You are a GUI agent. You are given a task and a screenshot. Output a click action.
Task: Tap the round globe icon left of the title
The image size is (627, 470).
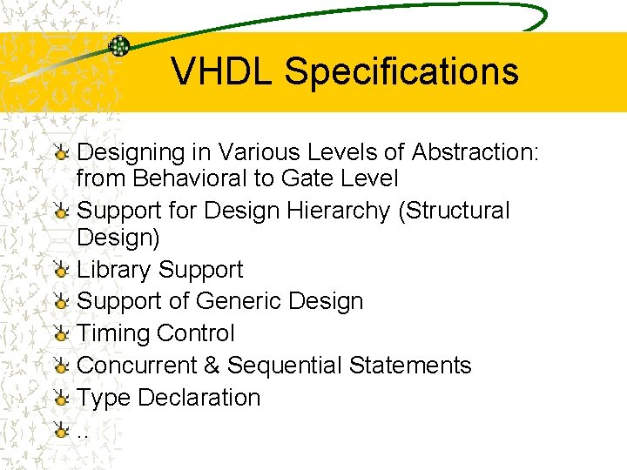[x=119, y=46]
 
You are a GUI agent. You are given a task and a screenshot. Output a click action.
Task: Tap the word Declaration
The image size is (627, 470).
[x=199, y=398]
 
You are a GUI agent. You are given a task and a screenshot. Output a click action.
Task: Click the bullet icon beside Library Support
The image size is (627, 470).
[x=61, y=271]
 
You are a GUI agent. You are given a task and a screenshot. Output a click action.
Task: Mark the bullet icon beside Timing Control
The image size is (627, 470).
[x=61, y=334]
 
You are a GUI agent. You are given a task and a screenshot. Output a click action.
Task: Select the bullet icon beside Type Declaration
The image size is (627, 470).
[x=61, y=399]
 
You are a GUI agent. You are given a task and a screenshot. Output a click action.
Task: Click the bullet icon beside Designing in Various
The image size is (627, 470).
[x=61, y=153]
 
